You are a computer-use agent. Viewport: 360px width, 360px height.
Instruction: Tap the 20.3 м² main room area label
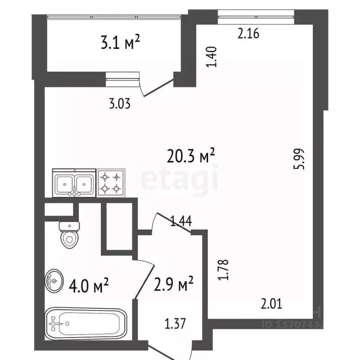click(x=191, y=156)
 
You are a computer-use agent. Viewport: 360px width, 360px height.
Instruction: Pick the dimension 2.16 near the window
click(x=248, y=34)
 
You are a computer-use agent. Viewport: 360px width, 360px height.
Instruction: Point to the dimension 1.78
click(x=225, y=270)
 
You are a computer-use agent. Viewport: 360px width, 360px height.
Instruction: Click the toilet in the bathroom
click(x=69, y=234)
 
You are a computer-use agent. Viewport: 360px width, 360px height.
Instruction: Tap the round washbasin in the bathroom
click(x=54, y=281)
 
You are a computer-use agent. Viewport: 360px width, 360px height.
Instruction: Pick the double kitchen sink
click(x=74, y=183)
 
